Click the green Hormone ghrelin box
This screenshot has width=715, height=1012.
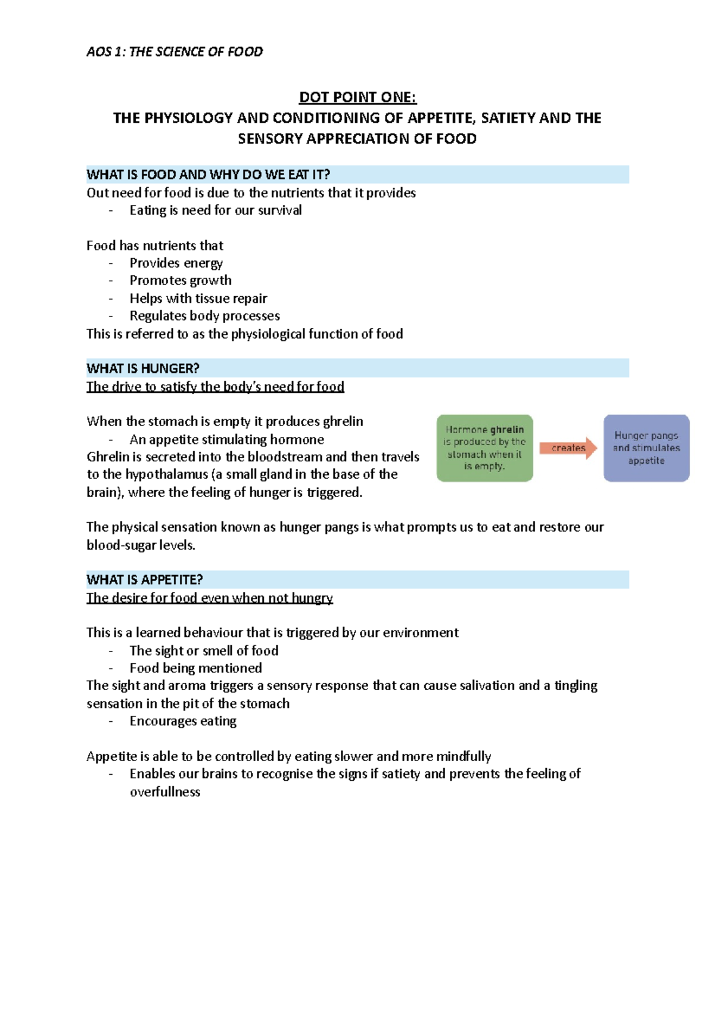click(484, 448)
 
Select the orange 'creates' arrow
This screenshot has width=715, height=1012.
click(568, 448)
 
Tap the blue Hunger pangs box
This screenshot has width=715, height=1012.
click(646, 448)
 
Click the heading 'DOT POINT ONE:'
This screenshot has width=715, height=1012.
click(357, 97)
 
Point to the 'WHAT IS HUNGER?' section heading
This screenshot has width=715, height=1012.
click(143, 368)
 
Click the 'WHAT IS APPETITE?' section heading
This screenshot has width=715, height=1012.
click(145, 580)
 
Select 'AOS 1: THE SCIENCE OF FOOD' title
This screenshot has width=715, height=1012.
click(175, 52)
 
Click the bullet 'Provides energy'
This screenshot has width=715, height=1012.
click(176, 263)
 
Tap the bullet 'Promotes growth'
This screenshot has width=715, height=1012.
click(181, 281)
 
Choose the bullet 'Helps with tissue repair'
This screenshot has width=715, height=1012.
click(198, 299)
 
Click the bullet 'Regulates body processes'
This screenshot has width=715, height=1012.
click(204, 316)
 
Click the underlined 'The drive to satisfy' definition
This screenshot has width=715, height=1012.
click(215, 387)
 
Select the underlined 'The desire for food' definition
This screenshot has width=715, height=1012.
click(209, 598)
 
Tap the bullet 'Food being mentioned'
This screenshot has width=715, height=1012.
click(195, 668)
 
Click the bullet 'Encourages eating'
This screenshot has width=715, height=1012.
click(183, 721)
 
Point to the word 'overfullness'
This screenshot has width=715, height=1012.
click(165, 792)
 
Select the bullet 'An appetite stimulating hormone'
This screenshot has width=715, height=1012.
click(226, 440)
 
